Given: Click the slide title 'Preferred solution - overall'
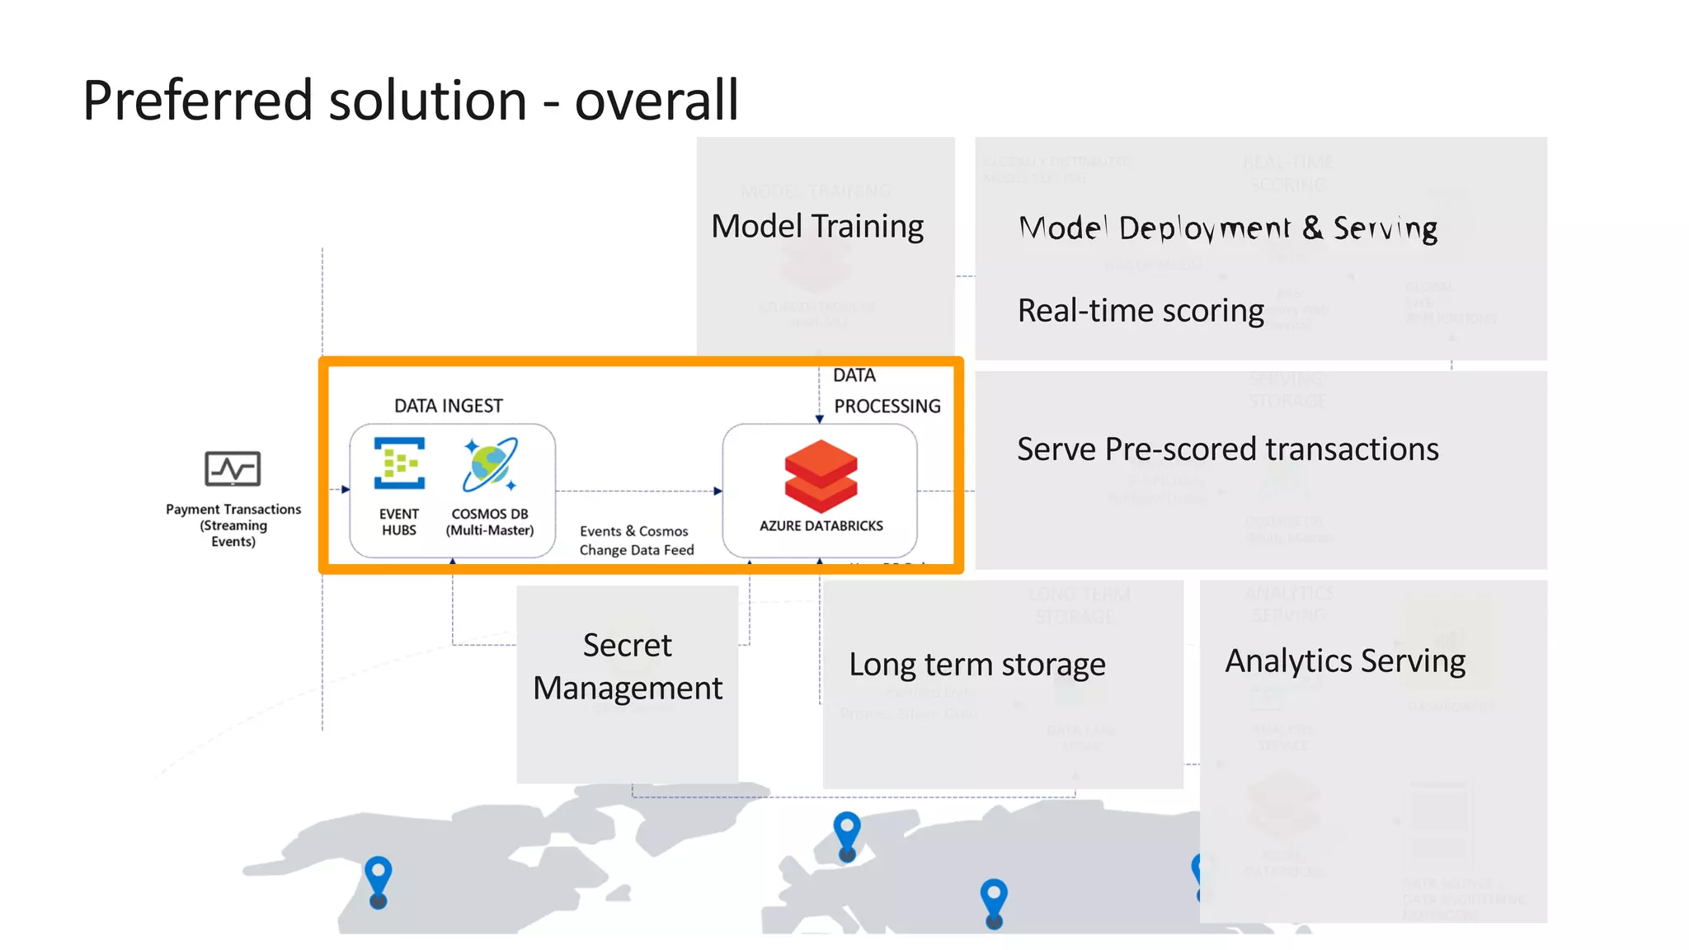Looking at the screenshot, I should pos(410,101).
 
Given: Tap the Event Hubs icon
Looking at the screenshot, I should pos(400,463).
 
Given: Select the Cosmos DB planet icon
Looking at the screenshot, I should pos(490,464).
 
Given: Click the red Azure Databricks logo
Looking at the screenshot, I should pos(821,476).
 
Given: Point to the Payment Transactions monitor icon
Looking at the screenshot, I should pos(233,469).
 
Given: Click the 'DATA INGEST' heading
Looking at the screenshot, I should pos(448,406).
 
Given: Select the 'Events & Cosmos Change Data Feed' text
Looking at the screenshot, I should pos(636,541).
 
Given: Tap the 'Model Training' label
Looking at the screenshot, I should pos(816,226).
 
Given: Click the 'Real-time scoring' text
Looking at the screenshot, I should pos(1140,311).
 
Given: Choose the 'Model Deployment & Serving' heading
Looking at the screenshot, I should pos(1227,228).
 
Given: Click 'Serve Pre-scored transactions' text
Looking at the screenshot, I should pos(1227,449).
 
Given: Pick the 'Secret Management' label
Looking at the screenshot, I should pos(628,666).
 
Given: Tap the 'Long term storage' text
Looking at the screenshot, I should pos(976,665).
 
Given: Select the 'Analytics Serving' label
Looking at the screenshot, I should pos(1344,661).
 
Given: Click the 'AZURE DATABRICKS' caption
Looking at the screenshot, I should pos(821,526).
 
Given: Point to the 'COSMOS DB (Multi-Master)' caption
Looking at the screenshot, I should pos(490,522).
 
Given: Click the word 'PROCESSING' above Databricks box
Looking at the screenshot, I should pos(887,407).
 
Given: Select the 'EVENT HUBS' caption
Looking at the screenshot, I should pos(399,522).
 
